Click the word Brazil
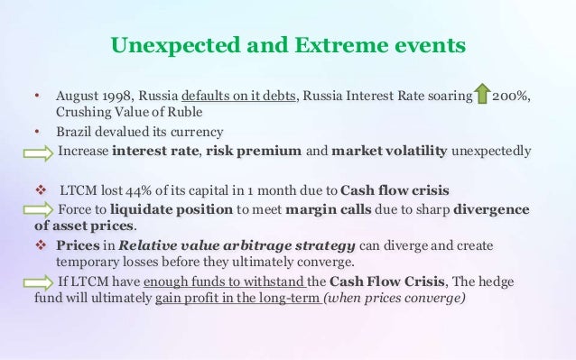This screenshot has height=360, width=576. point(73,132)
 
